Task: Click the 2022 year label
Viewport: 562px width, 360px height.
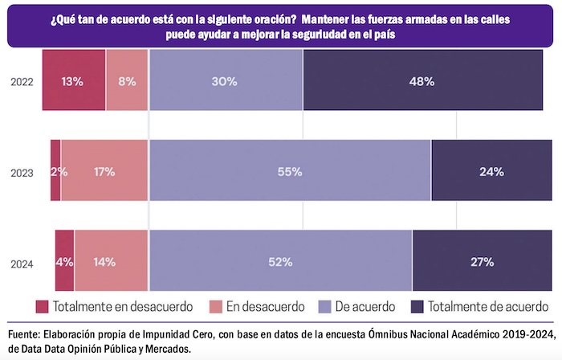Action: click(x=22, y=81)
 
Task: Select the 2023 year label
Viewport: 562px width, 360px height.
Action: click(x=22, y=171)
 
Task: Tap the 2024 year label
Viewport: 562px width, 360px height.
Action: click(x=22, y=262)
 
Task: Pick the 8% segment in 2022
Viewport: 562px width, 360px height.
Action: click(x=127, y=81)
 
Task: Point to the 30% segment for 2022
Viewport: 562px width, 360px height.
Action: click(x=226, y=81)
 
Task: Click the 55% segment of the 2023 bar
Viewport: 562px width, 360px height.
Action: click(x=290, y=171)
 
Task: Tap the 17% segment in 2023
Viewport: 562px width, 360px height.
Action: click(x=104, y=171)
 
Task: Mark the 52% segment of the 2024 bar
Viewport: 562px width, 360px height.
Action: click(x=280, y=262)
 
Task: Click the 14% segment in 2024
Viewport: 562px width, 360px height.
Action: click(x=112, y=262)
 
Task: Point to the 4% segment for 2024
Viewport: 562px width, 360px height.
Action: click(x=65, y=262)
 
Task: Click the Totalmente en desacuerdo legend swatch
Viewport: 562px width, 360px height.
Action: click(x=43, y=307)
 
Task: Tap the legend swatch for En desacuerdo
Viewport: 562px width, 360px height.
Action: click(x=216, y=307)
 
